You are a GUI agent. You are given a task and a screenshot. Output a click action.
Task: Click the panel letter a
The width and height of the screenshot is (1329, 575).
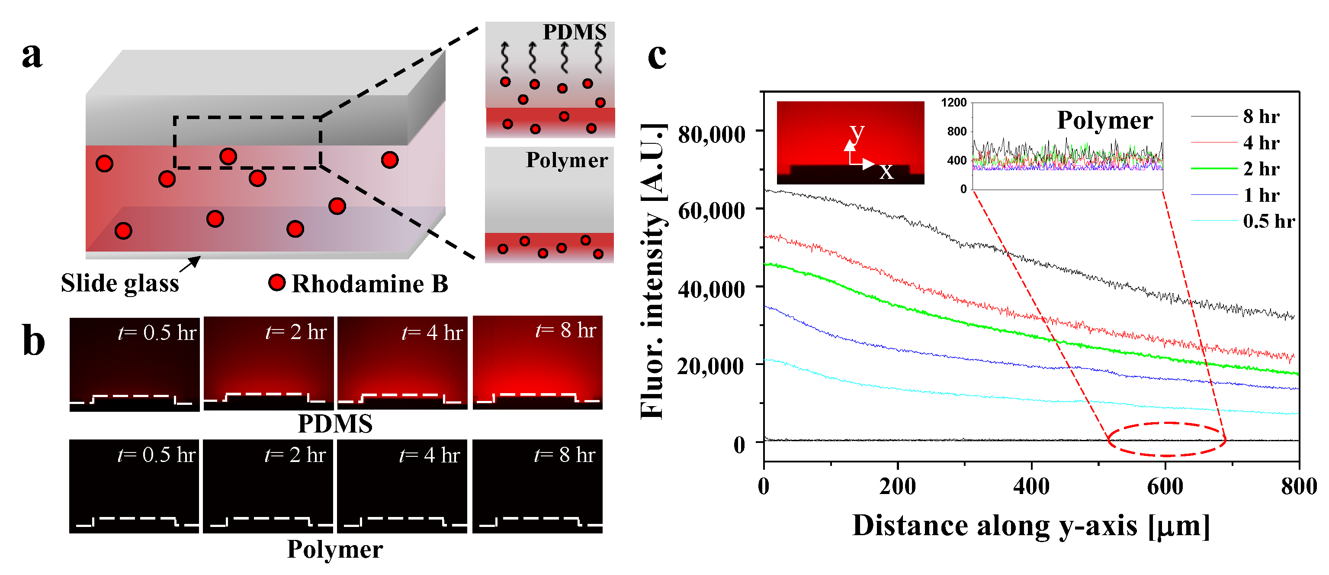click(32, 55)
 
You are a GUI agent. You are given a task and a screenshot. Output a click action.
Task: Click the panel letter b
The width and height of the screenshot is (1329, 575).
click(34, 341)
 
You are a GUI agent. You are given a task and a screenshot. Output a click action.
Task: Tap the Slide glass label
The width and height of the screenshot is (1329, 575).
click(120, 283)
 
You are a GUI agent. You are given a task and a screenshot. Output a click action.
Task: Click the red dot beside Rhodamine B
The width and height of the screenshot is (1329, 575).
click(277, 282)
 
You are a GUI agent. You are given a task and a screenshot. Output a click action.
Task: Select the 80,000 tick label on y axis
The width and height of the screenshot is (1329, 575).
click(712, 135)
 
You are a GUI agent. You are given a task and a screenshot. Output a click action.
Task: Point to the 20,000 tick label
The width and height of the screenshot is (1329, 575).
click(712, 366)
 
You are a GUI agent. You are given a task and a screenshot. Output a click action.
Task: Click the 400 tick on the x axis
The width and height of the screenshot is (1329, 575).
click(1031, 486)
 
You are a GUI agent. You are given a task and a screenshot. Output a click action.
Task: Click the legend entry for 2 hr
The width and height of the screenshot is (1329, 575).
click(1261, 169)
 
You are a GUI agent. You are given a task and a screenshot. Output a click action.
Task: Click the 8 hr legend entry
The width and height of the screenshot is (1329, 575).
click(1261, 116)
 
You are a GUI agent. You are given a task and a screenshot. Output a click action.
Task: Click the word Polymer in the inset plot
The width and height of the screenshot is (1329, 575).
click(1104, 120)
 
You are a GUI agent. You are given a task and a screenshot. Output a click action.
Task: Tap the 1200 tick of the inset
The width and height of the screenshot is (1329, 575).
click(953, 103)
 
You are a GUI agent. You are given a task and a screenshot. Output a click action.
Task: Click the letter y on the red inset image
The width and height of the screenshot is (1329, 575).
click(857, 132)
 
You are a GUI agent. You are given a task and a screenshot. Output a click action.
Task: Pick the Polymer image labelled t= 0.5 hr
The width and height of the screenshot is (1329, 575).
click(134, 486)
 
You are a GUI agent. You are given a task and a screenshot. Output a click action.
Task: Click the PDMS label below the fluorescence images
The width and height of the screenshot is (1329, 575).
click(335, 424)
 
